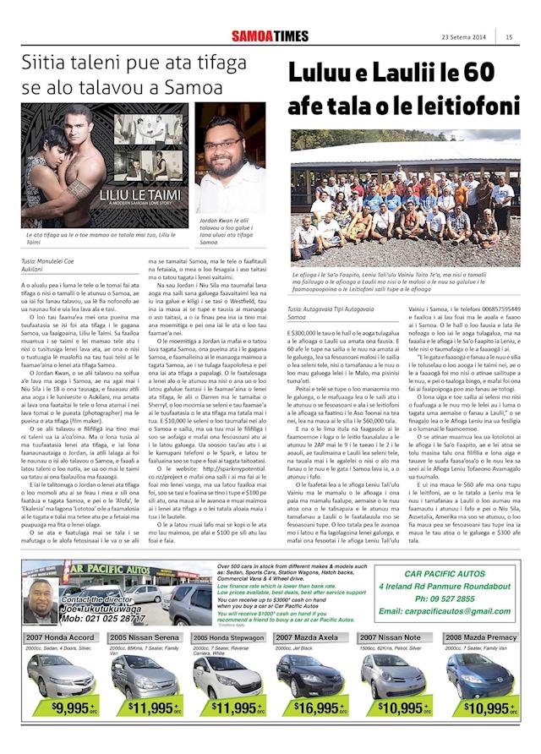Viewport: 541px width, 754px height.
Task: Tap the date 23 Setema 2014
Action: click(463, 36)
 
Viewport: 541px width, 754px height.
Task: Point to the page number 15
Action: click(510, 36)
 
